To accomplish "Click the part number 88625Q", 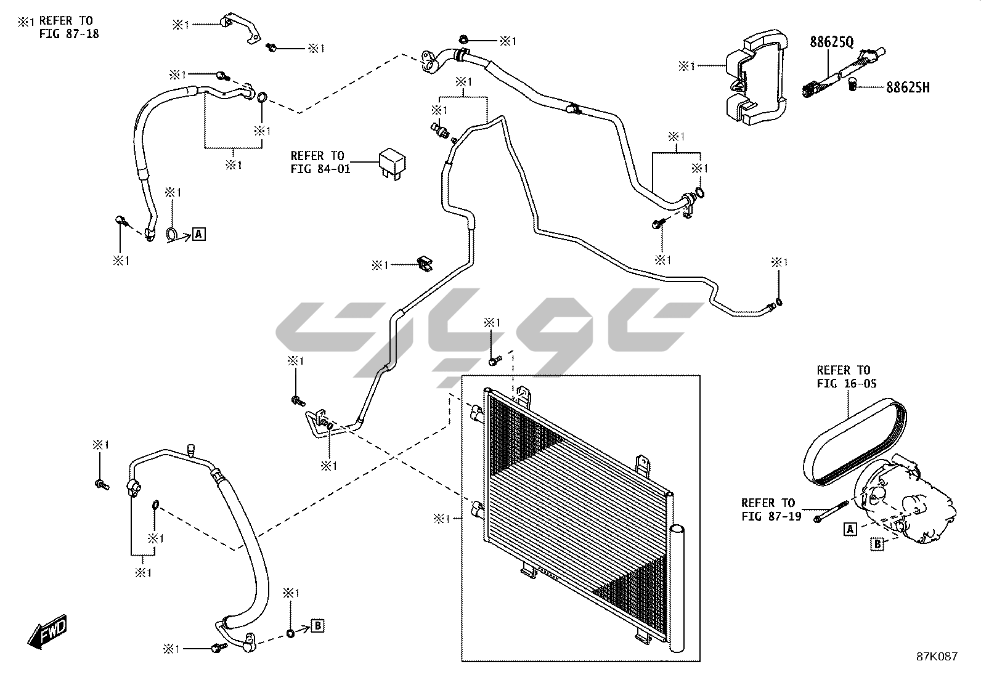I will (831, 42).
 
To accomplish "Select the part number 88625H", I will (908, 88).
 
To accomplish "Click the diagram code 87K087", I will (937, 657).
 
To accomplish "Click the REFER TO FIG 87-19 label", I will (771, 509).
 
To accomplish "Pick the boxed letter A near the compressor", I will (850, 529).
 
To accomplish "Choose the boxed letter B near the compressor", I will (876, 543).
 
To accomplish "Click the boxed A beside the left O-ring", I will (198, 233).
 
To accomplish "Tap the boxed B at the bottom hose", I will (317, 626).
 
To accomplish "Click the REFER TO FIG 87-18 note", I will (62, 27).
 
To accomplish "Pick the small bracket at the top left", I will (240, 26).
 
